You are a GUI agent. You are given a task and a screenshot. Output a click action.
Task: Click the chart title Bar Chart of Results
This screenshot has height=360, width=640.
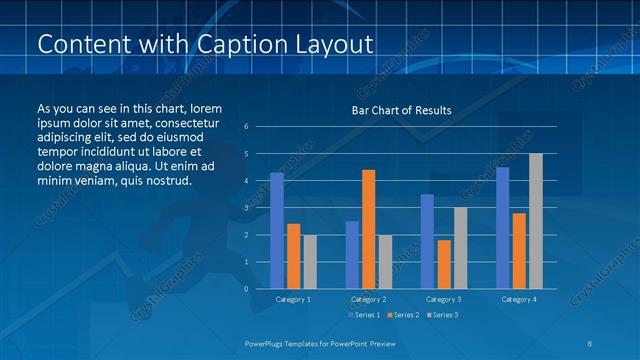(x=401, y=110)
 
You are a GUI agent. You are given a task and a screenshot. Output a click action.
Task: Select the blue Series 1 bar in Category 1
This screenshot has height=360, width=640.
(x=277, y=230)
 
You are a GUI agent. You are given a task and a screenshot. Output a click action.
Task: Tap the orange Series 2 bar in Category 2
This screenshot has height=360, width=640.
(x=368, y=229)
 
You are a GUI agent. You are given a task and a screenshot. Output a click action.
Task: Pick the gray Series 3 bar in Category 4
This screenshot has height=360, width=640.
(x=536, y=221)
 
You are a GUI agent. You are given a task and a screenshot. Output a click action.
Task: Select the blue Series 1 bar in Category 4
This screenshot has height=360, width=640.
(x=502, y=227)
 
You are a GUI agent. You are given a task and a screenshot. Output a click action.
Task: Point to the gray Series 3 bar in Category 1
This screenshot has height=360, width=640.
(x=310, y=261)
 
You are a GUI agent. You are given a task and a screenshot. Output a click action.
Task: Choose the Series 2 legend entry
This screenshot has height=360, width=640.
(x=402, y=315)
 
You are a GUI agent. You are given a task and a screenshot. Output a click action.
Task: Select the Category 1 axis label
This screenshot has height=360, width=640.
(x=293, y=299)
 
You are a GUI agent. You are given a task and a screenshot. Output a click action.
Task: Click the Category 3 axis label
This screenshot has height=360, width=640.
(x=443, y=299)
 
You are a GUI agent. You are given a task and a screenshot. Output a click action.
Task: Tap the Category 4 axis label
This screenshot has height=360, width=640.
(x=518, y=299)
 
